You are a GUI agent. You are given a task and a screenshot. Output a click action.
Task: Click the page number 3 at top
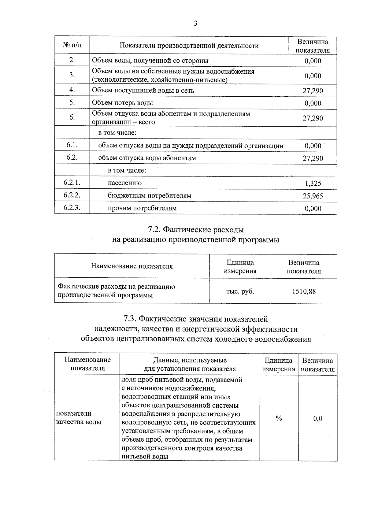(195, 24)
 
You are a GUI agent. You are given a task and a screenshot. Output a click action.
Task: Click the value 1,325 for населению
(313, 184)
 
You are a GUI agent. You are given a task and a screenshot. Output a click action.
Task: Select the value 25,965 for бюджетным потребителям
(313, 196)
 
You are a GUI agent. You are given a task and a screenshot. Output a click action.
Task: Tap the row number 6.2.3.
(72, 208)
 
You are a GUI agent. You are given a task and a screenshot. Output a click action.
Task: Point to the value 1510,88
(304, 291)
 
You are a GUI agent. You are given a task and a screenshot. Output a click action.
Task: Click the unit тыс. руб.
(240, 291)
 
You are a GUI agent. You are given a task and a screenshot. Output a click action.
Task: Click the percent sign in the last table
(278, 418)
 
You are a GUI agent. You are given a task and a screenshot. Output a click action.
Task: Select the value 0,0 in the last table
(318, 418)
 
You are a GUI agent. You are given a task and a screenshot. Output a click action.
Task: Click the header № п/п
(72, 46)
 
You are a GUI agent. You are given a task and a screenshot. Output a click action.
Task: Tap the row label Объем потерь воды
(123, 103)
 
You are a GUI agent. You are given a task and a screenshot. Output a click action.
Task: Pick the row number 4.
(72, 90)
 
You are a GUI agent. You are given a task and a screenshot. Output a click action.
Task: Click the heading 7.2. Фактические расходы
(196, 229)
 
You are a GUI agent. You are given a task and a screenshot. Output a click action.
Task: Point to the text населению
(124, 183)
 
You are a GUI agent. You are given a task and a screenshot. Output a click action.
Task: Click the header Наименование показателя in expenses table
(132, 266)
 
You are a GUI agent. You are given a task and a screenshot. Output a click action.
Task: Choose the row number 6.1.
(72, 145)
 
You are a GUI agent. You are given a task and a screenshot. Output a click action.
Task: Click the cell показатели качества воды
(79, 418)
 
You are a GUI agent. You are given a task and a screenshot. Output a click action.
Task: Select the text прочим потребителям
(142, 208)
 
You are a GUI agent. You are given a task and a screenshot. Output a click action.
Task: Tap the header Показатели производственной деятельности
(189, 46)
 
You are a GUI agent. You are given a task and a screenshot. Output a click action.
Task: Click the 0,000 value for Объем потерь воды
(313, 103)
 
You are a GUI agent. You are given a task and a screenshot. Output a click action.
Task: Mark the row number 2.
(72, 60)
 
